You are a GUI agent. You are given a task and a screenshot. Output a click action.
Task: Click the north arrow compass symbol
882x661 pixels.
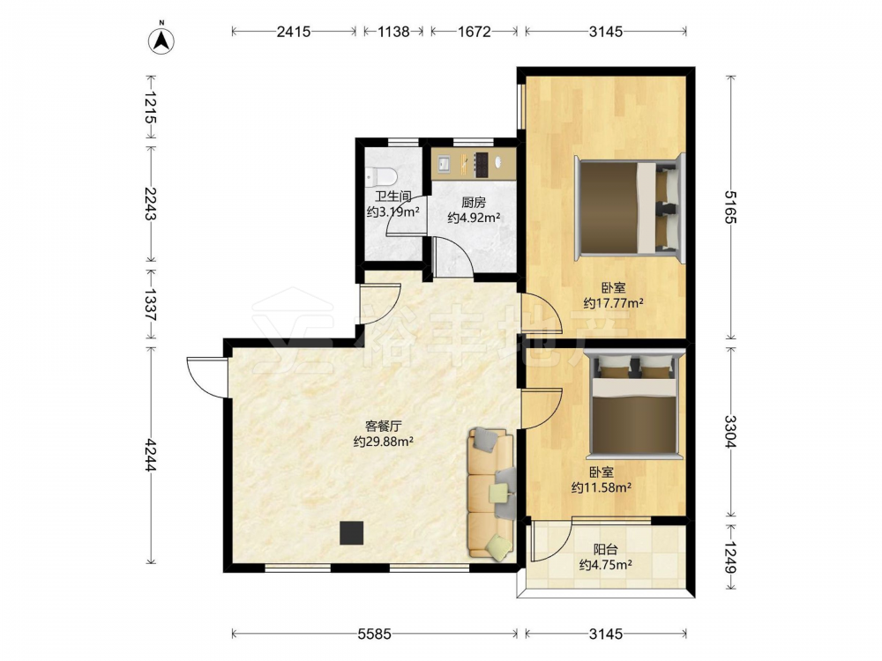[x=161, y=40]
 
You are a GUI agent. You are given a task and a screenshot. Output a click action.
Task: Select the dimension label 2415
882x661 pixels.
[x=294, y=32]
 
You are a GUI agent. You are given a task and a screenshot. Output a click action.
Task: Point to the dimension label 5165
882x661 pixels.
[x=730, y=207]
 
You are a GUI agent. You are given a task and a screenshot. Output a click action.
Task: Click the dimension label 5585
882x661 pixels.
[x=375, y=634]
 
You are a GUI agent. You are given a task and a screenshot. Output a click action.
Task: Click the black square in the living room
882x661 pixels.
[x=352, y=533]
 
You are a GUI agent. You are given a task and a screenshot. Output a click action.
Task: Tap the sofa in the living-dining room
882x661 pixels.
[x=491, y=493]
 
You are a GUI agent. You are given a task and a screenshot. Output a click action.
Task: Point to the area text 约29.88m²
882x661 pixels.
[x=384, y=442]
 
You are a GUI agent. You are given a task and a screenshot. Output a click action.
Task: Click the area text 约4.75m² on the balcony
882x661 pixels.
[x=605, y=565]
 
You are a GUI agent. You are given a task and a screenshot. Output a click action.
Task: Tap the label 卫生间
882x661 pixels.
[x=393, y=197]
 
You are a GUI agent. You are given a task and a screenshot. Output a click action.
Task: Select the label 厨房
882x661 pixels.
[x=474, y=203]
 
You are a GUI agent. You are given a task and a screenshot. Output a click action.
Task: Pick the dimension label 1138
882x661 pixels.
[x=393, y=32]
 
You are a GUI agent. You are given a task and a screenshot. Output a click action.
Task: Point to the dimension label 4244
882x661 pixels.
[x=150, y=455]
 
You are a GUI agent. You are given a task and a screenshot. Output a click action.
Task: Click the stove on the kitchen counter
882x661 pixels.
[x=481, y=165]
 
